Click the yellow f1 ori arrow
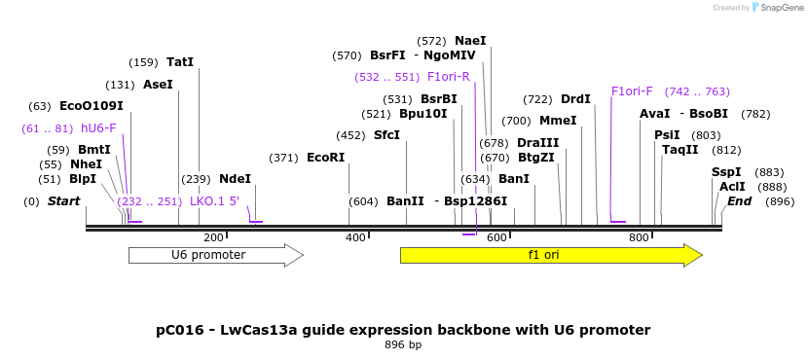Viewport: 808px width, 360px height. (x=551, y=255)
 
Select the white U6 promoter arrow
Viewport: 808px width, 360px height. (x=216, y=255)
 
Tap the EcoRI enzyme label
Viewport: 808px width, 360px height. (x=326, y=157)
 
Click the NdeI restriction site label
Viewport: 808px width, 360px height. (x=235, y=179)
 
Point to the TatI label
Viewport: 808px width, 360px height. (x=180, y=62)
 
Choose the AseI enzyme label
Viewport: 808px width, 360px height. (x=159, y=84)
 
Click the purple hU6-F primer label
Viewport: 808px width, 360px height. (x=98, y=128)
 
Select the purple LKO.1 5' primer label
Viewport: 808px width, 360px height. (x=215, y=200)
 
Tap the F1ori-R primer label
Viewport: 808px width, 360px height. (x=449, y=77)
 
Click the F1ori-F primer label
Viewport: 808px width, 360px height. (x=632, y=91)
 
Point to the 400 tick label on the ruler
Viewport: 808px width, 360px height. (x=355, y=238)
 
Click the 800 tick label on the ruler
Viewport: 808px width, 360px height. (x=639, y=238)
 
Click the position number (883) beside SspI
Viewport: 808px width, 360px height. (x=769, y=172)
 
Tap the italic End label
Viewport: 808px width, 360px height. (x=740, y=201)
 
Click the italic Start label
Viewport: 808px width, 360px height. (x=64, y=201)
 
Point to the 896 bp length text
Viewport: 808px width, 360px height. (x=403, y=344)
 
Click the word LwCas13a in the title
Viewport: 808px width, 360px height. (x=259, y=330)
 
